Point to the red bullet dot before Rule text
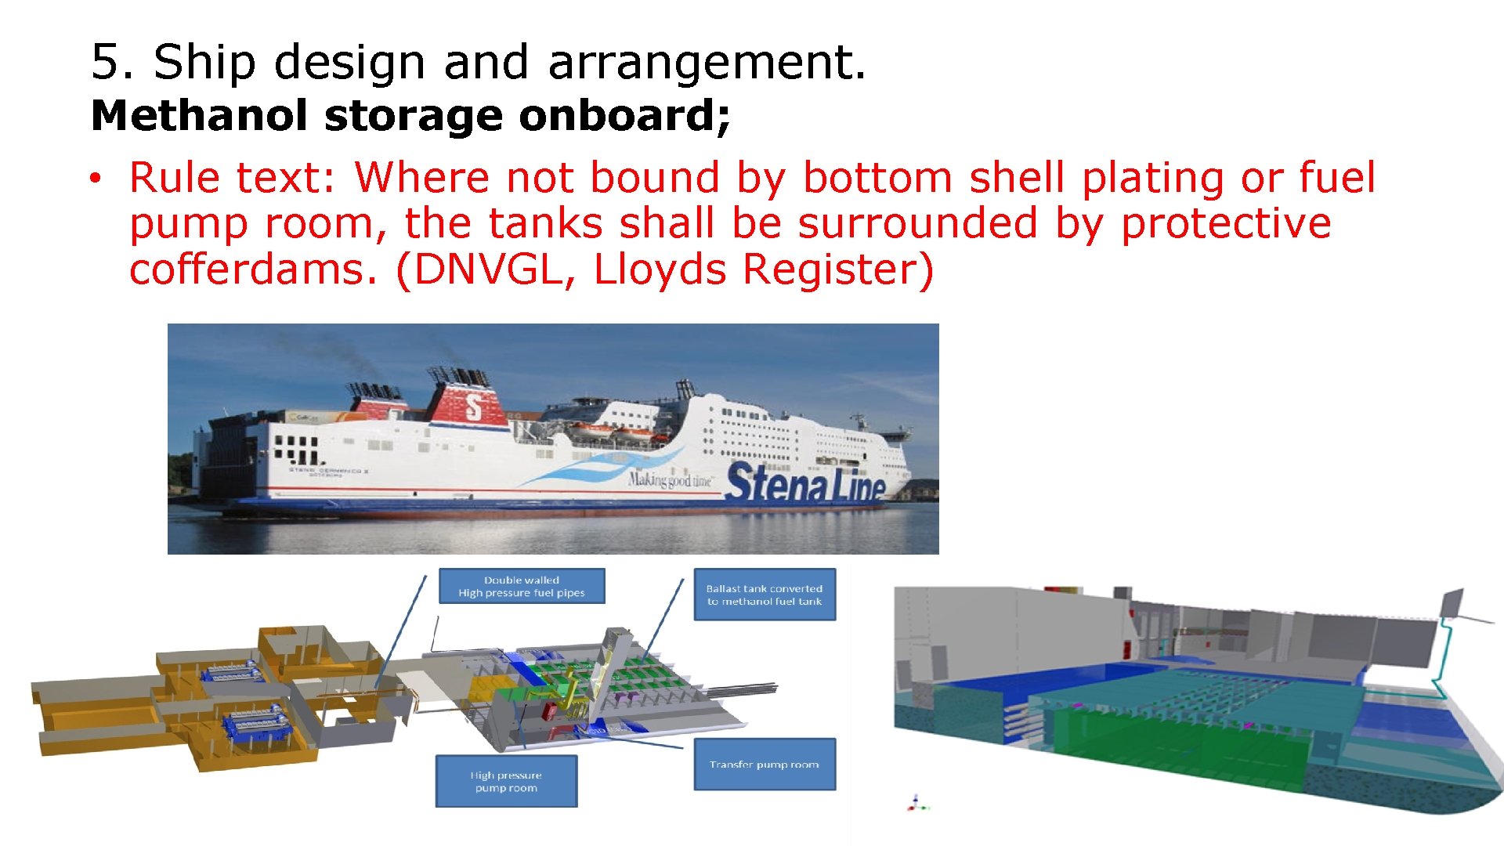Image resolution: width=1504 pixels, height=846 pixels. coord(94,179)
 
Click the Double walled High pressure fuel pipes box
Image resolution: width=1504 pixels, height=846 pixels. coord(522,587)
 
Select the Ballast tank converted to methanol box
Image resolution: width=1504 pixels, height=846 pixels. coord(765,595)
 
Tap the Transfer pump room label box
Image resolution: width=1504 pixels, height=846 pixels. coord(765,765)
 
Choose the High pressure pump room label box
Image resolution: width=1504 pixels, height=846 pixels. coord(506,781)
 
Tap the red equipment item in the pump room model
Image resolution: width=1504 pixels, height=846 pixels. coord(551,711)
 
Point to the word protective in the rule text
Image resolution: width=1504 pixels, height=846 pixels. coord(1226,224)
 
